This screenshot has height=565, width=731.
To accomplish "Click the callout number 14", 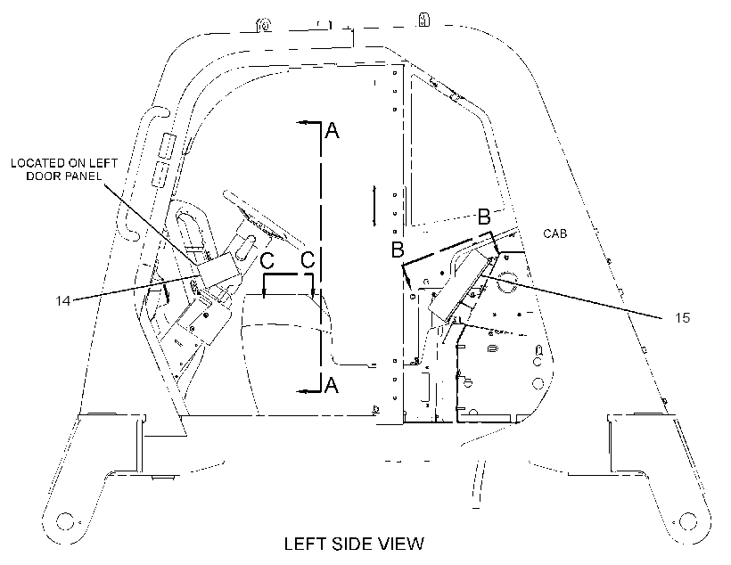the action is point(63,300).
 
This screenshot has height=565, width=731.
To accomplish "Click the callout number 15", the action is point(682,318).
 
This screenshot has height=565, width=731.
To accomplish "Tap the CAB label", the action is point(555,233).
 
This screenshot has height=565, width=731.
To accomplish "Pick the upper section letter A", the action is point(332,130).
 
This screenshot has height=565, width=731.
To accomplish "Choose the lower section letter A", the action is point(331,385).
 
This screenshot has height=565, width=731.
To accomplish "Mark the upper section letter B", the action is point(484,217).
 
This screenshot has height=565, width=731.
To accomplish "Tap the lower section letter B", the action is point(398,250).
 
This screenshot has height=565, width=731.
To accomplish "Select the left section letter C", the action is point(267,260).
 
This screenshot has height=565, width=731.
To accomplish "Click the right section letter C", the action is point(308,259).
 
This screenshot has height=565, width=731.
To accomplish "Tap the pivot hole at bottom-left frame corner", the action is point(65,521).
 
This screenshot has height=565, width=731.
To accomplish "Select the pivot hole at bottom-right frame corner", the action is point(688,521).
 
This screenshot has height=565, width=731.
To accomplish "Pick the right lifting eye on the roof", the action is point(423,20).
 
